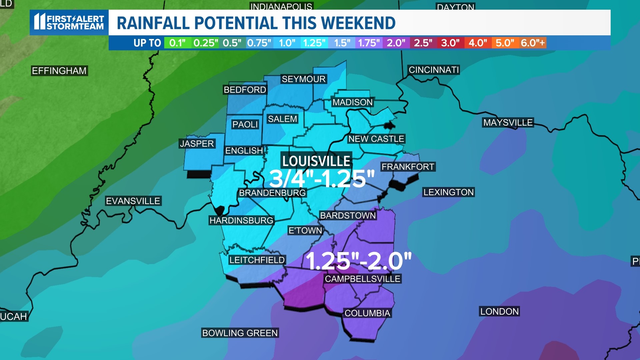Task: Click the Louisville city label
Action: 316,161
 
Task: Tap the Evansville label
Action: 133,201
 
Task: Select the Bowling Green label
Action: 240,333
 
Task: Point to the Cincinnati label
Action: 434,70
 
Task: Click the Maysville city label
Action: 508,123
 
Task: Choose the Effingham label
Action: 59,71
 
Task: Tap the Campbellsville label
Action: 362,279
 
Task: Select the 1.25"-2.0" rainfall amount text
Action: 358,261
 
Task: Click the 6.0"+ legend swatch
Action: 532,43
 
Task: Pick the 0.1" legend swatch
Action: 177,43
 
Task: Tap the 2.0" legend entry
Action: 396,43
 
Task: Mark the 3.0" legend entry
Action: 450,43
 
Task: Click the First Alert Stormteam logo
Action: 69,22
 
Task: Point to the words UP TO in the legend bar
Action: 147,43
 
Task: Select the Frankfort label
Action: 408,167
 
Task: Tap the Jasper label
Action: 197,144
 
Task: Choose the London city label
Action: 499,312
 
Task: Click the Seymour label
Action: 303,79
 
